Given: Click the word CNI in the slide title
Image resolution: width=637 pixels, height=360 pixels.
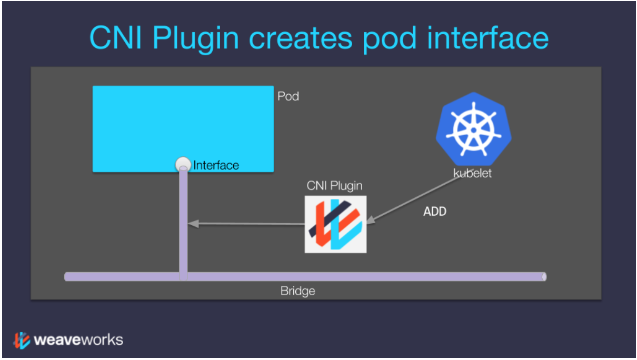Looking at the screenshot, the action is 115,38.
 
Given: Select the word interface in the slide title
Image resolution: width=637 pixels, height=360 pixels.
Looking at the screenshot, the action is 488,38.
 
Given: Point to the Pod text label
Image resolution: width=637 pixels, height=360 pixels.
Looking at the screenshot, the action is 288,96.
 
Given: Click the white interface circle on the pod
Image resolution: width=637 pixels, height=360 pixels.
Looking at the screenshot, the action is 183,164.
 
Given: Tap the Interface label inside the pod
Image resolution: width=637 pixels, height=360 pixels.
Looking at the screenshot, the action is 216,165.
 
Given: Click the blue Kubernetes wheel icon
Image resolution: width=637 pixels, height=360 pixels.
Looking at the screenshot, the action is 473,129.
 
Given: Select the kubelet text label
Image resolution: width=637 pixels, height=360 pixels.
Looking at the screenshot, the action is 472,173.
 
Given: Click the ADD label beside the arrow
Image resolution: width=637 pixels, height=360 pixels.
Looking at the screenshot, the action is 435,212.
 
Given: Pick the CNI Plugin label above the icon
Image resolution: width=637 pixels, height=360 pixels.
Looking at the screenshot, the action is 334,186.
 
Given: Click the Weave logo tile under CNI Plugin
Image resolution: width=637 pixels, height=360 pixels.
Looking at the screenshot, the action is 335,224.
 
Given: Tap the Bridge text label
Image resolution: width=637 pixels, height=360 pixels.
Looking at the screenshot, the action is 298,291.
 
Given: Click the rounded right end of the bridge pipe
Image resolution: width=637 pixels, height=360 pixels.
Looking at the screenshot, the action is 544,277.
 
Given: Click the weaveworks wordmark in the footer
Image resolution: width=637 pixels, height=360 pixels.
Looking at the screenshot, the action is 78,340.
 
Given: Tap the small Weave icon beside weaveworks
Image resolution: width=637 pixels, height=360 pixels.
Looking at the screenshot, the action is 22,340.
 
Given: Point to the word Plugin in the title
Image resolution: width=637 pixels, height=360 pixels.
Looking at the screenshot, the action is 195,39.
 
